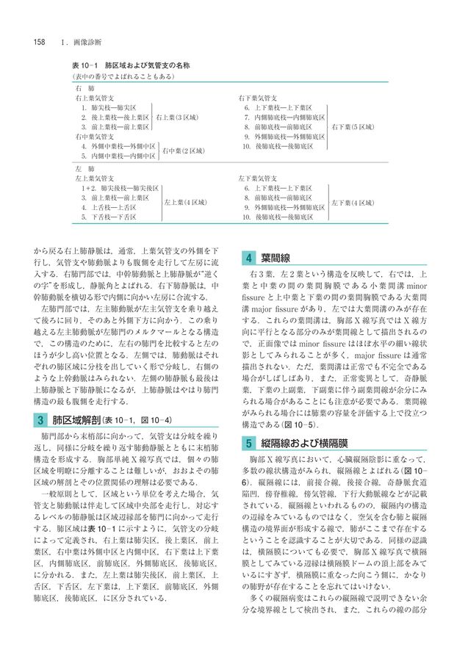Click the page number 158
pos(39,40)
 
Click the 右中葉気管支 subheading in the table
pos(92,137)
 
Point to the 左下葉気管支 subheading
pos(257,178)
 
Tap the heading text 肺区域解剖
pos(75,421)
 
